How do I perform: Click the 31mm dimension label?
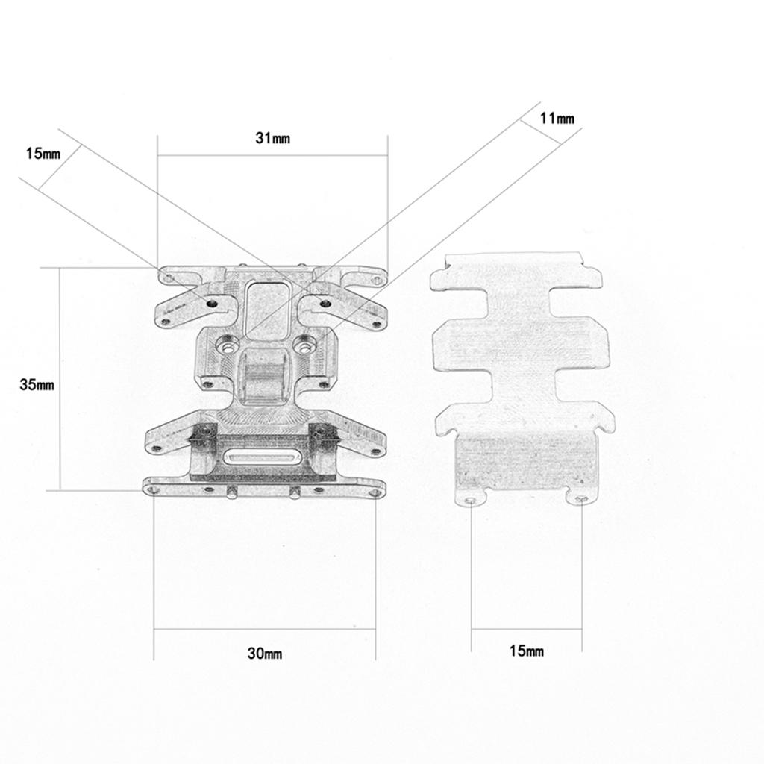[x=272, y=138]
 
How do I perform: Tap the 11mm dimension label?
[x=557, y=119]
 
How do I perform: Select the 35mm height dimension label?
[x=37, y=385]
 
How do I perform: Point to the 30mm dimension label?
[x=264, y=654]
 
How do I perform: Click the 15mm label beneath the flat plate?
[x=526, y=651]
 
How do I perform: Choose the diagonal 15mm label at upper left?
[x=43, y=154]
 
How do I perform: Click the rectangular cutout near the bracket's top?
[x=268, y=307]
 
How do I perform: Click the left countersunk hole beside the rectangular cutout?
[x=225, y=345]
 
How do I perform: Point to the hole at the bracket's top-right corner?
[x=376, y=281]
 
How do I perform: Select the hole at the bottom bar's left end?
[x=154, y=489]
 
